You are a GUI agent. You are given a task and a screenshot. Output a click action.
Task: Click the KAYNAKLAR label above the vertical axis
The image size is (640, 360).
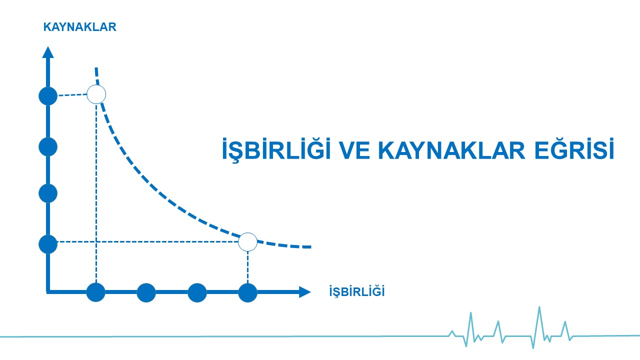[x=79, y=27]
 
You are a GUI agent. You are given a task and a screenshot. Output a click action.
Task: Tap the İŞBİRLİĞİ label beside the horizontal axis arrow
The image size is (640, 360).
[x=357, y=291]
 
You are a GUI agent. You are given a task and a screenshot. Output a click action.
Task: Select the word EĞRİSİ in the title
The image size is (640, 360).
[x=574, y=148]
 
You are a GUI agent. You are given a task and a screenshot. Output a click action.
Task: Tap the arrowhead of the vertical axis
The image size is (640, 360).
[x=48, y=52]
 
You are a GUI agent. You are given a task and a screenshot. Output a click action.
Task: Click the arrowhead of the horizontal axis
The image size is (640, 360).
[x=305, y=292]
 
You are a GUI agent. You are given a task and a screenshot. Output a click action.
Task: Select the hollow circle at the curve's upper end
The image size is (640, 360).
[x=96, y=94]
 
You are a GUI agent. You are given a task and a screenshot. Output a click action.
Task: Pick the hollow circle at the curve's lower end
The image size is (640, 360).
[x=247, y=242]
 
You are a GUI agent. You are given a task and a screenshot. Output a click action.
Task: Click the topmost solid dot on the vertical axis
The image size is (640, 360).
[x=48, y=96]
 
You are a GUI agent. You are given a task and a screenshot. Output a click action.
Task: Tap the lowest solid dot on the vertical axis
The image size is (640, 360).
[x=48, y=244]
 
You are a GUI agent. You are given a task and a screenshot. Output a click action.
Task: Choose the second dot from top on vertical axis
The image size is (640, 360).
[x=48, y=147]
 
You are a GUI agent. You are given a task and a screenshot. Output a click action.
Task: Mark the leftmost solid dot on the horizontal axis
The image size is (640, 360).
[x=95, y=292]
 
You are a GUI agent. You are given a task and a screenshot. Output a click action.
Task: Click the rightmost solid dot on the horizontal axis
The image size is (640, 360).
[x=247, y=292]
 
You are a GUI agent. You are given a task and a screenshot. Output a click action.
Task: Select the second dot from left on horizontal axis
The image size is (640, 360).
[x=146, y=292]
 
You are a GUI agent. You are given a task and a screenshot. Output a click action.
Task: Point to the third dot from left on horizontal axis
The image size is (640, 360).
[x=197, y=292]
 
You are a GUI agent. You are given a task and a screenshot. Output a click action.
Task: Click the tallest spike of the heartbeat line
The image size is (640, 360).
[x=539, y=307]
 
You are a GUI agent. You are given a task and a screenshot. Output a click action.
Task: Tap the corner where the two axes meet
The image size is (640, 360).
[x=48, y=292]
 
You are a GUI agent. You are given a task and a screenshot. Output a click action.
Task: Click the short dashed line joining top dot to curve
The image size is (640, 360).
[x=72, y=95]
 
